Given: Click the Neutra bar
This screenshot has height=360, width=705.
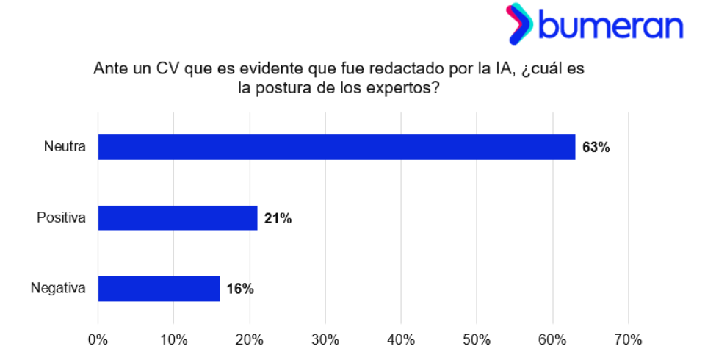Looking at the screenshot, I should (x=336, y=147).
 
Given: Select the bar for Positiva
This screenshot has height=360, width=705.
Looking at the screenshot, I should (x=178, y=218).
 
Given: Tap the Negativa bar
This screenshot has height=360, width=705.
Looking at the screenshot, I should (x=159, y=289).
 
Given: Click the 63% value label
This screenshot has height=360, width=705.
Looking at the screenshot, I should (x=596, y=148).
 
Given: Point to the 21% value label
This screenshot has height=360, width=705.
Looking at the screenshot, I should (x=278, y=218).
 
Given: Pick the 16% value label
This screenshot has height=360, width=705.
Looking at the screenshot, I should (x=239, y=289).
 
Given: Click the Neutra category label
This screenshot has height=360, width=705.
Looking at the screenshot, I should (x=65, y=147).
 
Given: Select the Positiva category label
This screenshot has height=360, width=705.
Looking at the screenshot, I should (x=62, y=218).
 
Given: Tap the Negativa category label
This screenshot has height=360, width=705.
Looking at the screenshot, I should (x=59, y=289).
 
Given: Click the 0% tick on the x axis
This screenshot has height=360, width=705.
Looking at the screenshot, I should (x=98, y=339).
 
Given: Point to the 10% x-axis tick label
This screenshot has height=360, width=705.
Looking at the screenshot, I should (x=173, y=339).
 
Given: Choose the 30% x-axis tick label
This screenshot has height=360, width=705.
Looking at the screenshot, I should (x=325, y=339).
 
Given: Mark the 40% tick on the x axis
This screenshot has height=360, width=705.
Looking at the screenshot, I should (x=400, y=339).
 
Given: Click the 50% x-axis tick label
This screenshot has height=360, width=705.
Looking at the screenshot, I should (x=476, y=339).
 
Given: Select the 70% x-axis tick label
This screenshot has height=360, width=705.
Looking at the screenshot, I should (x=627, y=339).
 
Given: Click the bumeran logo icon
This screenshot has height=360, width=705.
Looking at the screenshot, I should (x=519, y=24).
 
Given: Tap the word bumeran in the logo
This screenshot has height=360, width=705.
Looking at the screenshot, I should (x=611, y=26).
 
